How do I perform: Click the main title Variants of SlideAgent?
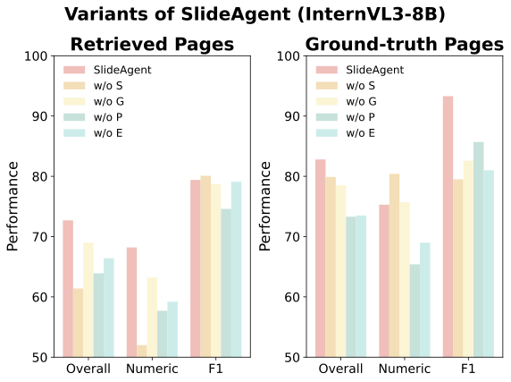point(255,14)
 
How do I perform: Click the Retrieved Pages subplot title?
point(152,44)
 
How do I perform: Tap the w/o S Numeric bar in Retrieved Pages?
point(141,351)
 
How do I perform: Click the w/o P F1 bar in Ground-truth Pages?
point(479,250)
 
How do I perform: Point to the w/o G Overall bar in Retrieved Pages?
point(88,300)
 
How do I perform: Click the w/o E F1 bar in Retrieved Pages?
point(236,269)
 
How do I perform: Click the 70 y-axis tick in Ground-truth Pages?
point(296,237)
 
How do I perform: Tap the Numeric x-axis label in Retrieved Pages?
point(152,369)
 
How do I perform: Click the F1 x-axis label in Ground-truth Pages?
point(468,369)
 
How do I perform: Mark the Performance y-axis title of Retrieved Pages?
point(13,207)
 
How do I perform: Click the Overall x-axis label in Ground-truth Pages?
point(341,369)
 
